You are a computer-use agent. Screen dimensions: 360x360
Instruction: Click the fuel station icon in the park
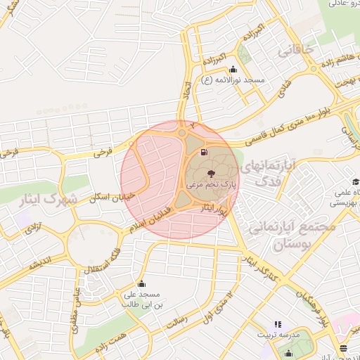tap(204, 152)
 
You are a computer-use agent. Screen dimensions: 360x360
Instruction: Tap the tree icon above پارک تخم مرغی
tap(211, 172)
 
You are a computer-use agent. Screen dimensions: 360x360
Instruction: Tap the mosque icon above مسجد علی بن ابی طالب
tap(142, 283)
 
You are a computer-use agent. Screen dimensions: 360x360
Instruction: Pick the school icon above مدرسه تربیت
tap(277, 324)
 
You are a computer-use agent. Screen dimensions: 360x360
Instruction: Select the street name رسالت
tap(176, 322)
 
